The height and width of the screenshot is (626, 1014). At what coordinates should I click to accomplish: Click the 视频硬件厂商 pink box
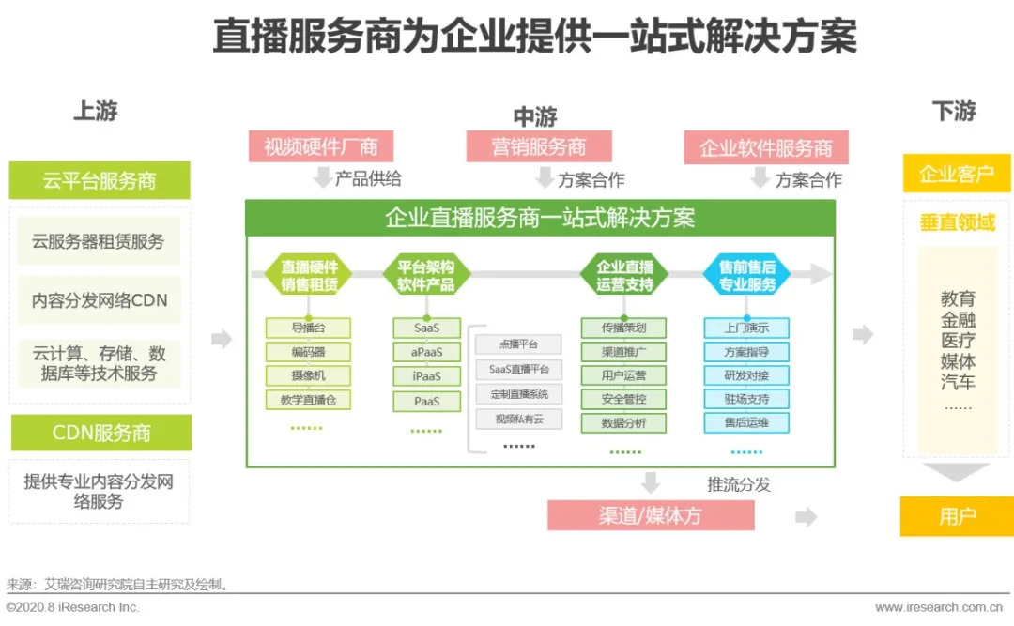click(x=320, y=146)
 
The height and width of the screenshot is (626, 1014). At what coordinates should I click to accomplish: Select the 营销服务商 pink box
click(x=538, y=146)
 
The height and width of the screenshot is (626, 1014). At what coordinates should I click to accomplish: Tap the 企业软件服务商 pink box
click(x=765, y=147)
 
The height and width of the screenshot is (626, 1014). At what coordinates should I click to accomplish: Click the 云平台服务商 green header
click(x=100, y=180)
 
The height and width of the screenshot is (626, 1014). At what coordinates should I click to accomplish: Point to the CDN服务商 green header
click(x=100, y=433)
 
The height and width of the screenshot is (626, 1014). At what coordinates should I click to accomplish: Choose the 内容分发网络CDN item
click(x=100, y=301)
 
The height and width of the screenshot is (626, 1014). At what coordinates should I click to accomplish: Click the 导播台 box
click(x=308, y=328)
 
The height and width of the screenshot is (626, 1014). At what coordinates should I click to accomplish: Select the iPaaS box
click(x=426, y=376)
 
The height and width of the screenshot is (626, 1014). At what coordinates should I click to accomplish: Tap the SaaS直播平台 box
click(x=519, y=369)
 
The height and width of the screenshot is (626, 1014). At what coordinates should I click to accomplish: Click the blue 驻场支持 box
click(x=746, y=399)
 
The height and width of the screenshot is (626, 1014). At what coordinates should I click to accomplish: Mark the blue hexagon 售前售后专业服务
click(x=747, y=275)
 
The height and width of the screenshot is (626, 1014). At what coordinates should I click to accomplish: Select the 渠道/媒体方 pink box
click(x=651, y=515)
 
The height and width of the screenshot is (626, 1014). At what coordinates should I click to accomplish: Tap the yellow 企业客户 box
click(x=956, y=175)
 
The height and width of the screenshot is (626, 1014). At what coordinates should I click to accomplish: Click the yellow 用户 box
click(x=956, y=516)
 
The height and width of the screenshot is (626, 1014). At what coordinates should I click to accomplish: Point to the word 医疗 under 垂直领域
click(x=958, y=341)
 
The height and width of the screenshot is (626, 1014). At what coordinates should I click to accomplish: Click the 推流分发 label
click(x=738, y=484)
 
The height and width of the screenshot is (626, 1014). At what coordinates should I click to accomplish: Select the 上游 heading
click(x=96, y=111)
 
